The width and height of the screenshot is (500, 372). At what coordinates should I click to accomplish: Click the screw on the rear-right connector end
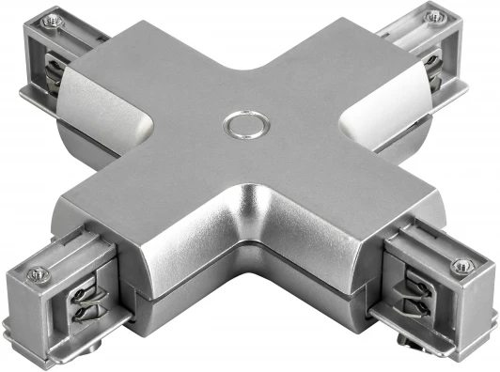(x=433, y=16)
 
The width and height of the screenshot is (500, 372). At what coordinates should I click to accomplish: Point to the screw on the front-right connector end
(x=461, y=267)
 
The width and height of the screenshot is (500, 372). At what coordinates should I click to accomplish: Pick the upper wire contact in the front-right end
(x=414, y=285)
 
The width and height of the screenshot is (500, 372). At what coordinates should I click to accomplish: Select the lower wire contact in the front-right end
(x=414, y=306)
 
